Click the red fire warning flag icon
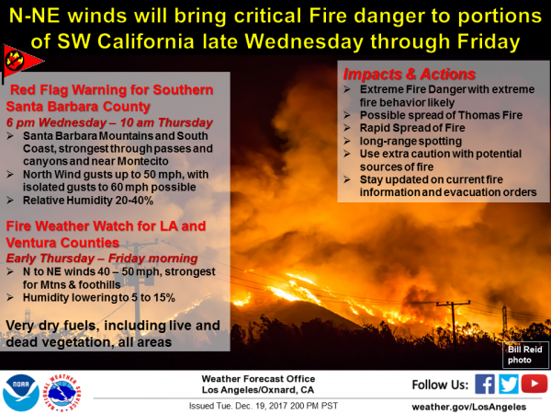22,62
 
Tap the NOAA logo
21,393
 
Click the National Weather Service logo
62,393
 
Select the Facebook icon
485,384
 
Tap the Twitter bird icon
509,384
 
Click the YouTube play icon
534,384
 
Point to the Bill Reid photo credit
525,354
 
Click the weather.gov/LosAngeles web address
469,407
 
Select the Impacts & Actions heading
409,74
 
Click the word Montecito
142,161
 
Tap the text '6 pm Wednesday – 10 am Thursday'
109,122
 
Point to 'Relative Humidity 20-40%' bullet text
88,201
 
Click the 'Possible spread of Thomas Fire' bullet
441,115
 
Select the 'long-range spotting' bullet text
410,141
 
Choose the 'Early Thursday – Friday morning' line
102,259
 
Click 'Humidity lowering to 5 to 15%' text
99,297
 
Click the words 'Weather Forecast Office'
258,379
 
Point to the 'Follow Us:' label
440,385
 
